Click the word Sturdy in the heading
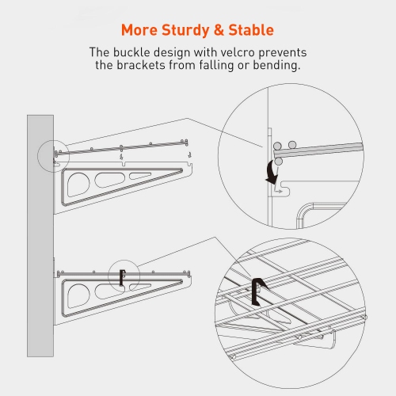pos(185,31)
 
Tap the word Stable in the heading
pos(251,30)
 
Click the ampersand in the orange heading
pos(219,30)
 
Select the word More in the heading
pos(139,30)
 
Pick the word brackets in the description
pos(141,65)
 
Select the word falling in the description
pos(216,66)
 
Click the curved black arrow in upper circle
pos(272,172)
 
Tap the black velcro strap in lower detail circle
pos(257,291)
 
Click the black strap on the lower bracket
pos(122,277)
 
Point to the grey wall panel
pos(40,236)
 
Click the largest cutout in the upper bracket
pos(78,185)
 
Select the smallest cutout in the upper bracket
pos(139,176)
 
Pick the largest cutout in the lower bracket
pos(78,295)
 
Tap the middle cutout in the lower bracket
pos(109,291)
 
